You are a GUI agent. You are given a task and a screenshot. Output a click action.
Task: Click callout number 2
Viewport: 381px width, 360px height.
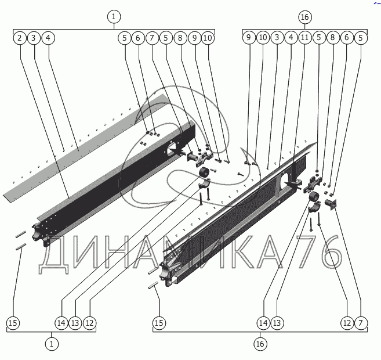[x=20, y=38]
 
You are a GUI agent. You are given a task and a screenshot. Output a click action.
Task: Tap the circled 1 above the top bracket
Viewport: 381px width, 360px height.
[x=114, y=17]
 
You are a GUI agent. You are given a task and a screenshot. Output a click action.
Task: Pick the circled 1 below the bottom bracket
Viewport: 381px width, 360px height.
[x=53, y=344]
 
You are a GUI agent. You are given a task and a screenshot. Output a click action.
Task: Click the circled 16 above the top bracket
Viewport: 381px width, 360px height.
[x=305, y=17]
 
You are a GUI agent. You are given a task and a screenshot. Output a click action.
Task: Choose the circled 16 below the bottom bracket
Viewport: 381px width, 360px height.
[x=260, y=344]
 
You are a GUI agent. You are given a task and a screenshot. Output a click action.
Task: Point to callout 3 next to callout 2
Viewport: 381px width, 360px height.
[x=34, y=38]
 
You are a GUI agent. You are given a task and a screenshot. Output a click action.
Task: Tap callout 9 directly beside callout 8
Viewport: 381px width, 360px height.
[x=194, y=38]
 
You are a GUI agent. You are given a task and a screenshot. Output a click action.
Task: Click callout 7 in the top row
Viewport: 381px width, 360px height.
[x=152, y=38]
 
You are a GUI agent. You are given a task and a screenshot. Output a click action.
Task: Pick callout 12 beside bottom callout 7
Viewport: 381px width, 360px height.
[x=346, y=322]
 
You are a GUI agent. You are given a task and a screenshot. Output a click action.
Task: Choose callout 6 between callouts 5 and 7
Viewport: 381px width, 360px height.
[x=137, y=38]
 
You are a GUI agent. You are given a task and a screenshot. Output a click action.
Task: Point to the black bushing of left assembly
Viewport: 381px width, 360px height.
[x=205, y=173]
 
